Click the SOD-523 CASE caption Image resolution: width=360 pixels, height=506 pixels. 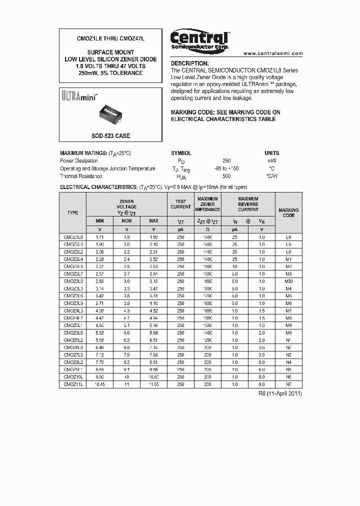click(110, 135)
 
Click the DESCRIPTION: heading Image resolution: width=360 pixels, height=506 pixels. click(189, 63)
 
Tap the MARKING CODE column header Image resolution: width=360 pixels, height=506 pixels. click(288, 213)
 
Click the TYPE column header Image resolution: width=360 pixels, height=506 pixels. click(73, 213)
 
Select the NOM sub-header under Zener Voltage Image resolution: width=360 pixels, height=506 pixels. click(126, 220)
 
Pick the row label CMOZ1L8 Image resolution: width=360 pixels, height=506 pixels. click(73, 237)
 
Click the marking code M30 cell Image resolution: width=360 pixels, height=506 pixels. click(288, 281)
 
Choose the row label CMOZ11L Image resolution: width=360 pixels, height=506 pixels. click(73, 384)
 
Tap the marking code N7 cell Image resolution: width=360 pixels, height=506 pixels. click(288, 384)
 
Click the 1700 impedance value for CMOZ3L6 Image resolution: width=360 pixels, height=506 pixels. click(207, 296)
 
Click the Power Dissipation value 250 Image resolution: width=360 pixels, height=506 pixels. click(226, 161)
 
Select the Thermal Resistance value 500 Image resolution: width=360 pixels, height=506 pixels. click(226, 176)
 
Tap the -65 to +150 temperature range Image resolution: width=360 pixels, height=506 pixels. click(226, 168)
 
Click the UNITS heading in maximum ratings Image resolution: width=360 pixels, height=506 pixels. click(271, 153)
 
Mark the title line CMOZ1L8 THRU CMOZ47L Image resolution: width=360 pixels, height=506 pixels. click(110, 38)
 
